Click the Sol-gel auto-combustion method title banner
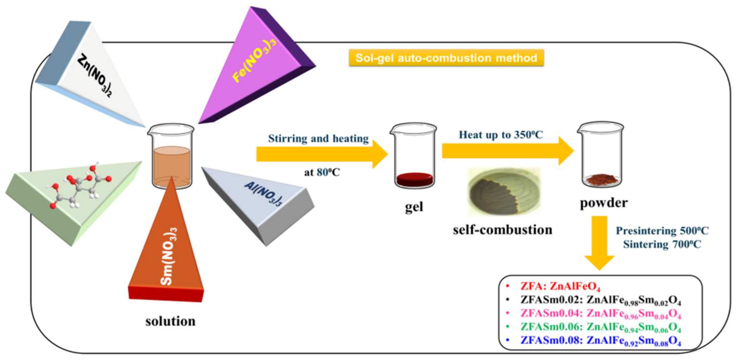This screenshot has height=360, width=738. (446, 58)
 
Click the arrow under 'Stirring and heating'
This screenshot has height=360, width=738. (321, 154)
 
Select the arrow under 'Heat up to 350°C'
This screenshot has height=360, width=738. (507, 151)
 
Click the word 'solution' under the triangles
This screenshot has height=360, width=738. (170, 321)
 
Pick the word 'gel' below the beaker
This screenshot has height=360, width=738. (414, 207)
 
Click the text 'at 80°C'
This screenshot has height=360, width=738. (322, 172)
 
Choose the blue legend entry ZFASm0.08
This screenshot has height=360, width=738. (600, 341)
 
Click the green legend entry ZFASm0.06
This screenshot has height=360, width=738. (600, 327)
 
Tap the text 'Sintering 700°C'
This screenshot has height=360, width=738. (662, 244)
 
